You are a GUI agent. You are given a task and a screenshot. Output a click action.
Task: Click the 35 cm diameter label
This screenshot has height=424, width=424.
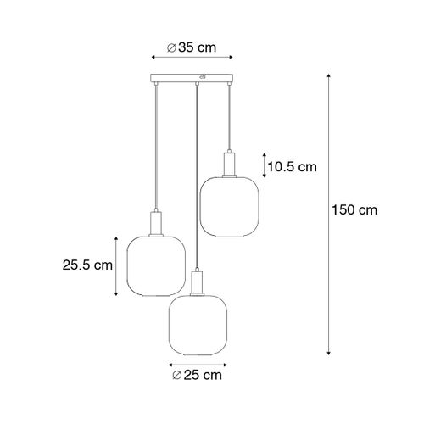coord(191,47)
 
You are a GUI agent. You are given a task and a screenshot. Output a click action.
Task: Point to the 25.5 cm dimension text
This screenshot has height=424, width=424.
coord(89,265)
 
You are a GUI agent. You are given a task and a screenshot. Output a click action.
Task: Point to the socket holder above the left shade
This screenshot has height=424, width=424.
coord(155,224)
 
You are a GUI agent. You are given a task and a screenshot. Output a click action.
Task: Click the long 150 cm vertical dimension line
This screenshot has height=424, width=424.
coord(326,212)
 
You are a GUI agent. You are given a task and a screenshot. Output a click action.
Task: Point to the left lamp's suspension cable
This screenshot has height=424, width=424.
coord(155,144)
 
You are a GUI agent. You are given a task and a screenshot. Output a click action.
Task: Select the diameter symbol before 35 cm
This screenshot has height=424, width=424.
coord(171,47)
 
